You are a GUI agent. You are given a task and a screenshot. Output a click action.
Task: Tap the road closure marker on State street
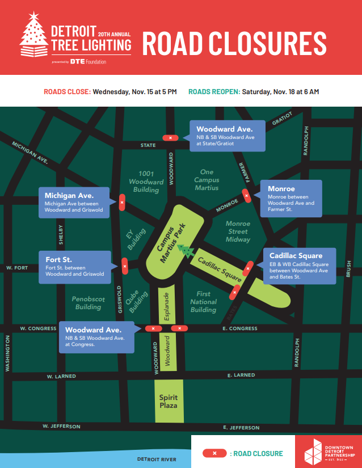(170, 138)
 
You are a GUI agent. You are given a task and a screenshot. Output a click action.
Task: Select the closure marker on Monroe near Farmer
(246, 196)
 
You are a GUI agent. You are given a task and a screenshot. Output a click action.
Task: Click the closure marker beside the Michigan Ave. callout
(122, 202)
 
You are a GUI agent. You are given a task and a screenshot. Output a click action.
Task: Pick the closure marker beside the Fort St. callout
(124, 265)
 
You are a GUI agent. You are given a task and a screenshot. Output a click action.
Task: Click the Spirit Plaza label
(168, 402)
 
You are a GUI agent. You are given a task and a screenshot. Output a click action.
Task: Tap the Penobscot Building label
(88, 303)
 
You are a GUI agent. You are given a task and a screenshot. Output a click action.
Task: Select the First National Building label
(204, 302)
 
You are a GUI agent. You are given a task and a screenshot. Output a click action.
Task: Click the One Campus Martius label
(207, 180)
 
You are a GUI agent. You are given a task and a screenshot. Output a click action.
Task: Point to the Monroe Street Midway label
(238, 231)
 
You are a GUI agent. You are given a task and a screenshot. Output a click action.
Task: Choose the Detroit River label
(157, 459)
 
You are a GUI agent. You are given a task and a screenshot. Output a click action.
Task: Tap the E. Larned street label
(241, 375)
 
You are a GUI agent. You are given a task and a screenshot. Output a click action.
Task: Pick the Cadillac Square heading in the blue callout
(296, 256)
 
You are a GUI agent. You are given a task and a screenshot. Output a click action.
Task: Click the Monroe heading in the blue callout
(281, 189)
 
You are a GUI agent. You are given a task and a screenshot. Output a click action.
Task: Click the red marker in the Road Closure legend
(215, 453)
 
